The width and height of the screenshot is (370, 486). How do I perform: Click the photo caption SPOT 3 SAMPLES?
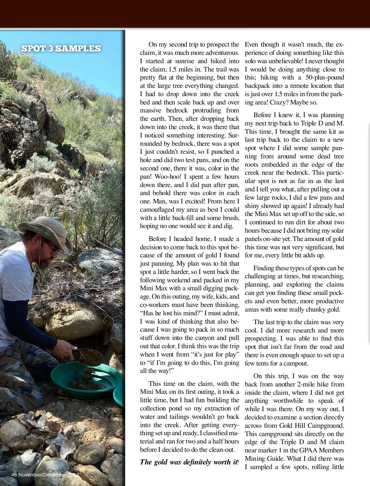click(x=61, y=49)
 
